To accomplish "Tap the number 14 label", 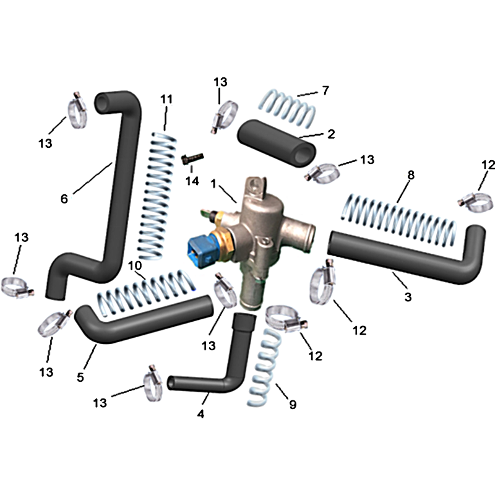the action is (x=192, y=181).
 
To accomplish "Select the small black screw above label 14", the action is (x=192, y=158).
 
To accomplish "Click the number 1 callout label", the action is (x=213, y=184).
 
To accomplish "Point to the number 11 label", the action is (x=166, y=99).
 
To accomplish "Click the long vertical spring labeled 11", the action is (x=158, y=196).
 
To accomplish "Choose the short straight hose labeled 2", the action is (x=277, y=143).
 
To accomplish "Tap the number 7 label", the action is (x=325, y=90).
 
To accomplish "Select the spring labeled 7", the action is (x=287, y=107).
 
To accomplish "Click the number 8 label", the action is (x=411, y=175).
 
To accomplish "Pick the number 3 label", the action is (x=408, y=297).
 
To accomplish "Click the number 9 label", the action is (x=293, y=405).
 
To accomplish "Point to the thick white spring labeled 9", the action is (x=264, y=368).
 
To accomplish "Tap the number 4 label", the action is (x=200, y=413).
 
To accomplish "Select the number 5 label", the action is (x=80, y=377).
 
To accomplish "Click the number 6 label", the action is (x=64, y=199).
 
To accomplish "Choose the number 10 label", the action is (x=135, y=265).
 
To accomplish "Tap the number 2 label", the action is (x=331, y=134).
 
